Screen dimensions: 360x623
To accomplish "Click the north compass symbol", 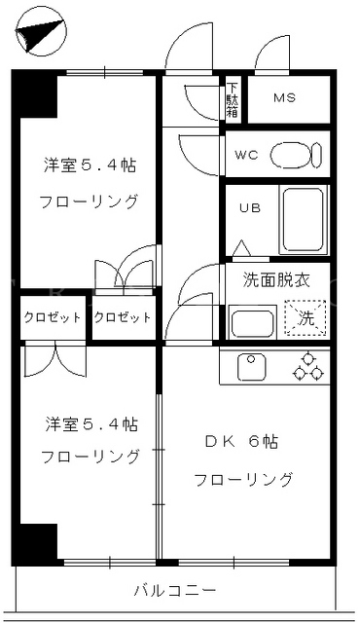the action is [41, 32].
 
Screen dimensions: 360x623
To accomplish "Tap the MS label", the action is [285, 97].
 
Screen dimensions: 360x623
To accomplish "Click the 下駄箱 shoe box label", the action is [233, 100].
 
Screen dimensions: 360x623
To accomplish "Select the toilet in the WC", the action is [296, 155].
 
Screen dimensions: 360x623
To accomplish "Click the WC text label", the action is [246, 155].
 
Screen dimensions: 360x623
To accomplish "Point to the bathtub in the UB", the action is [304, 220].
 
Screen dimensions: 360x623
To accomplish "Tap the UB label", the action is [250, 207].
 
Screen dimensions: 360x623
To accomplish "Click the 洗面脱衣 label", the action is [276, 280].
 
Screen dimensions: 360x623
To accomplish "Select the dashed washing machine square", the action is [305, 318].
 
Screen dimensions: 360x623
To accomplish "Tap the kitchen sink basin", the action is [252, 367].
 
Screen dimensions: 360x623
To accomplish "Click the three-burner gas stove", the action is [308, 366].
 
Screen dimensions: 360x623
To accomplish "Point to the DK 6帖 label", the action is [241, 442].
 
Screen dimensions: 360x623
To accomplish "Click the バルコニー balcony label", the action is [175, 591].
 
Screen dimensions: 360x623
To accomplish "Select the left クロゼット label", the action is [53, 317].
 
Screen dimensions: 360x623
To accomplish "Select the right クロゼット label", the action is [123, 317].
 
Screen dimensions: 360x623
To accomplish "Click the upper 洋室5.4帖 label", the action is [90, 165].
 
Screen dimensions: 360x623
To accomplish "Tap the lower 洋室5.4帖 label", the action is [91, 424].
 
